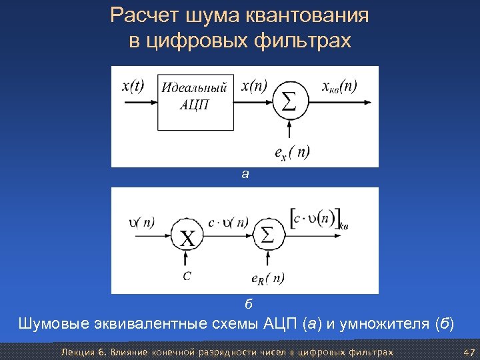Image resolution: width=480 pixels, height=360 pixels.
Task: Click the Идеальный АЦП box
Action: tap(196, 97)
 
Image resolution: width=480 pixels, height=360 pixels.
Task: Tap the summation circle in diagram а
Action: tap(288, 102)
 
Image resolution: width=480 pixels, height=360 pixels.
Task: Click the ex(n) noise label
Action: tap(291, 153)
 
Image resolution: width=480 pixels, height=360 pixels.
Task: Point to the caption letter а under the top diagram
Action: tap(245, 175)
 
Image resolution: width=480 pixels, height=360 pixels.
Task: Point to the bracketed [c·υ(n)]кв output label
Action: tap(319, 219)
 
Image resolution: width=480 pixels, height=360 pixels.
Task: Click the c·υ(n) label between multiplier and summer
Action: tap(227, 223)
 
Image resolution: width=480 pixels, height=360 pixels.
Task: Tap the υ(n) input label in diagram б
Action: tap(142, 223)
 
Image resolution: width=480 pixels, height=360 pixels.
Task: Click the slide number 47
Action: tap(469, 352)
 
